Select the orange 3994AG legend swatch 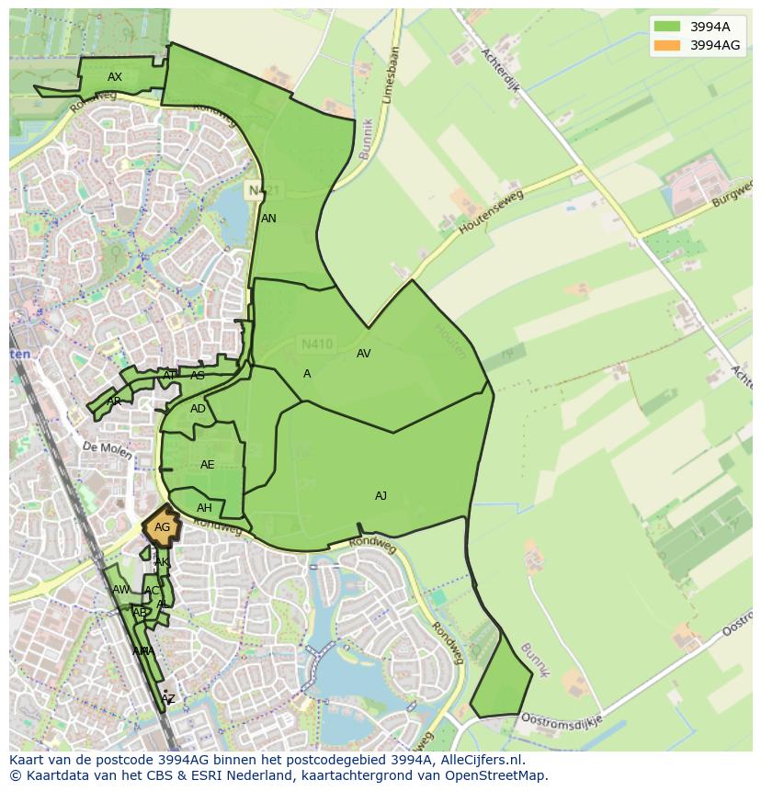[x=667, y=45]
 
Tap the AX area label [x=115, y=77]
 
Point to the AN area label [x=268, y=219]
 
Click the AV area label [x=363, y=354]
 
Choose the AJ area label [x=380, y=496]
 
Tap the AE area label [x=207, y=465]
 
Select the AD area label [x=198, y=409]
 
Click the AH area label [x=204, y=508]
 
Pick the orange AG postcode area [x=162, y=527]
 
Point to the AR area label [x=114, y=401]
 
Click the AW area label [x=120, y=590]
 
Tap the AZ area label [x=167, y=699]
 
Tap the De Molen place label [x=102, y=446]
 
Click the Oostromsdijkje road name [x=561, y=719]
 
